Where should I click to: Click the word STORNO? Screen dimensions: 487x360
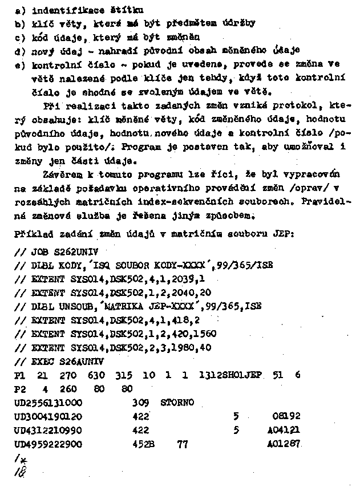(177, 403)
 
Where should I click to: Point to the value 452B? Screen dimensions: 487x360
(142, 444)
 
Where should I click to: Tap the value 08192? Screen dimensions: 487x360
(286, 416)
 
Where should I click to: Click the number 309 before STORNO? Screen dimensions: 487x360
(140, 403)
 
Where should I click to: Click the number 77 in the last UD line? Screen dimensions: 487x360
(183, 444)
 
